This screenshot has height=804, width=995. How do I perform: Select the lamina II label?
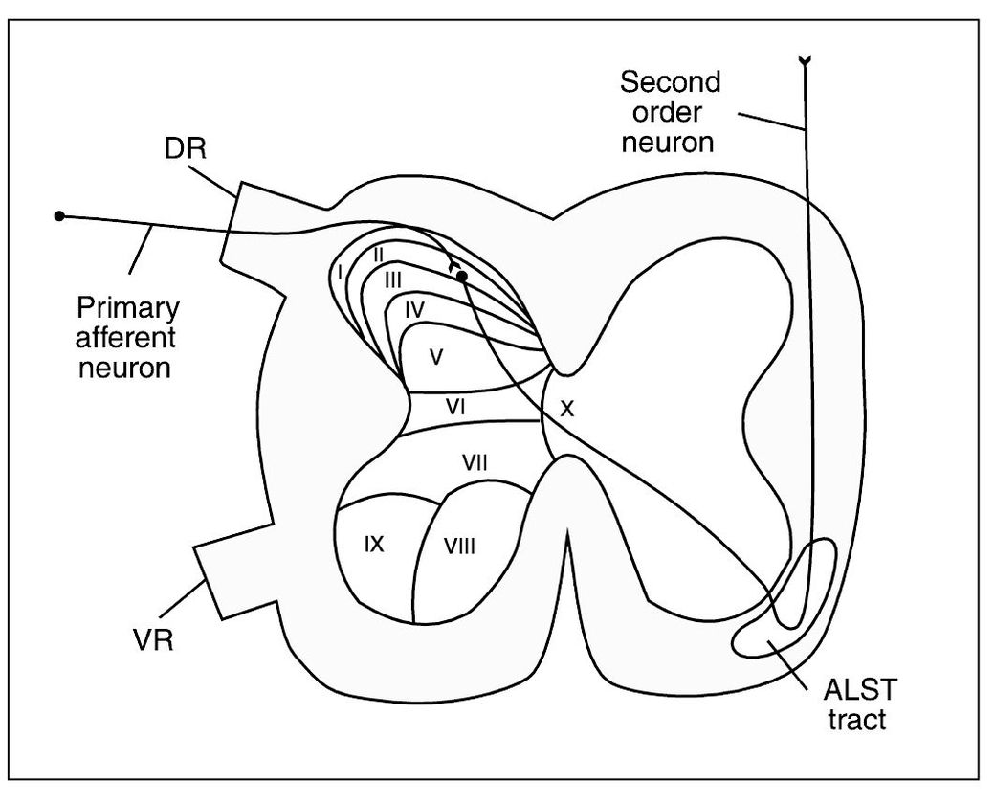378,254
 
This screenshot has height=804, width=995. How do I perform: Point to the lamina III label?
393,280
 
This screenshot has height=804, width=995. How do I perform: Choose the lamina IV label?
414,308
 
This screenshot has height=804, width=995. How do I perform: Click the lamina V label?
435,357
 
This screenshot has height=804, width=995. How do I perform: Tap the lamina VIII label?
460,547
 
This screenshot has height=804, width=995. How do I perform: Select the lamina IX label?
374,544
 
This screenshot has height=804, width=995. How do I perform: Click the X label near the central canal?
567,409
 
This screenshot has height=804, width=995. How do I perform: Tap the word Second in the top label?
671,81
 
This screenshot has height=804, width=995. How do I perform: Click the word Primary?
128,309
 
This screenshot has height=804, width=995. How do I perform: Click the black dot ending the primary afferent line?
59,216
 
